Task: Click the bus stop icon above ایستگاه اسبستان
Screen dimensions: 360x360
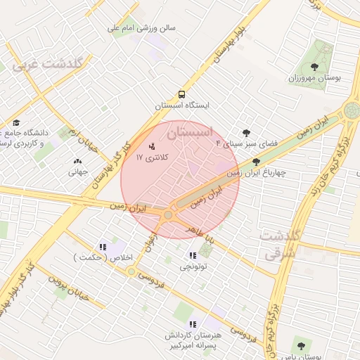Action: click(182, 94)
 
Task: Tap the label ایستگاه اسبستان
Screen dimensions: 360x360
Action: click(182, 105)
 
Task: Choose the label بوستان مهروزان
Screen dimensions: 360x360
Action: click(314, 78)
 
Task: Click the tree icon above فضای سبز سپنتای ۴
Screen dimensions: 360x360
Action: click(245, 132)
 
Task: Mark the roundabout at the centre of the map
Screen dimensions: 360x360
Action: click(168, 215)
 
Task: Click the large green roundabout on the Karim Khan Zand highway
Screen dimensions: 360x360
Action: click(352, 110)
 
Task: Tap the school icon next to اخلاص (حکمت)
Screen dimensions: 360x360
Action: click(103, 247)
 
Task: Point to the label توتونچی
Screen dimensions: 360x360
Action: click(193, 267)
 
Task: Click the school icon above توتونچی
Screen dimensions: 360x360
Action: click(193, 255)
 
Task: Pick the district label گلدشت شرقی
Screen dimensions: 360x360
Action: click(280, 243)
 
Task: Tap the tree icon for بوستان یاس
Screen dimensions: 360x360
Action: click(301, 346)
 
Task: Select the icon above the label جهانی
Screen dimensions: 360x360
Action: click(77, 161)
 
